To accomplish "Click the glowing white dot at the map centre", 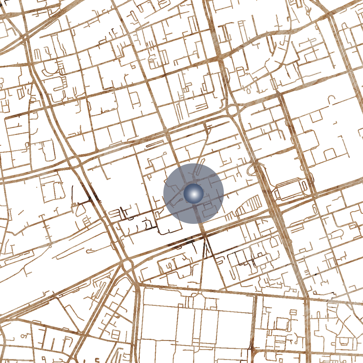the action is (x=194, y=194).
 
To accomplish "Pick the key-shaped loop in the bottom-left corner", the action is (x=23, y=336).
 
